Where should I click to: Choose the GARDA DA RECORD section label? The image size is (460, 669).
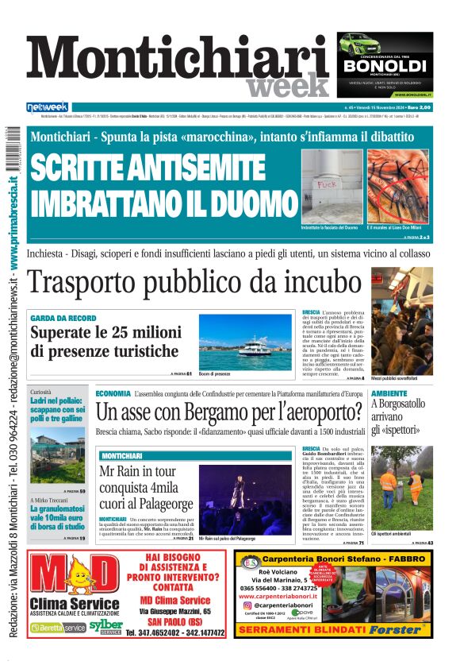[x=63, y=318]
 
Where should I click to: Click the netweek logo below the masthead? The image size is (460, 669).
[x=48, y=107]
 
